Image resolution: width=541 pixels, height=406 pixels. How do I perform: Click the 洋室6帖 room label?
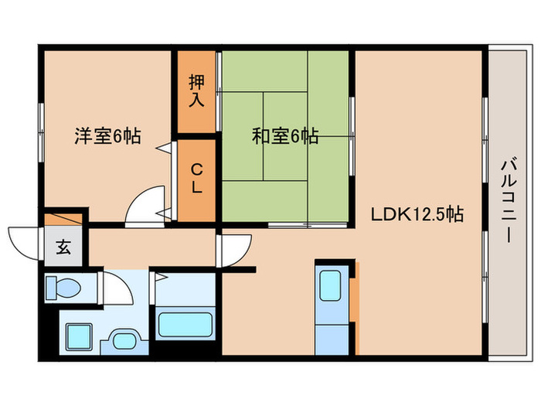[107, 137]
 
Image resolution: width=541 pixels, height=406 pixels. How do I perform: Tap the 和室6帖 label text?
[285, 137]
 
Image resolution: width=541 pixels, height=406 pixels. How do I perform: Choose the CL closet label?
[197, 179]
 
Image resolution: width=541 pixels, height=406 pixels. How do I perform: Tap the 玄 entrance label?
[63, 248]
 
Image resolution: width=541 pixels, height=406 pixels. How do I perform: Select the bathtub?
[185, 322]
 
